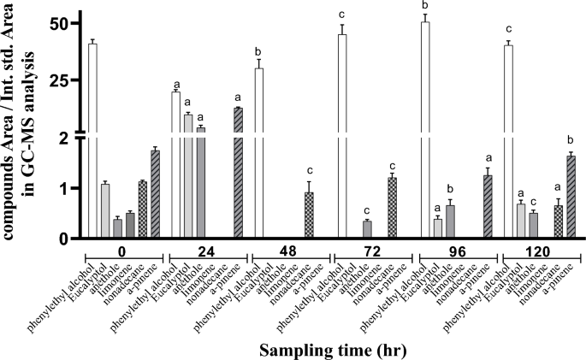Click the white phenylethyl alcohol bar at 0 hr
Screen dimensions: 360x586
click(92, 137)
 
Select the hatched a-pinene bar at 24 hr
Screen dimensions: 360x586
click(238, 171)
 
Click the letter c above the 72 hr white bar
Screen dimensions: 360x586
click(341, 15)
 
